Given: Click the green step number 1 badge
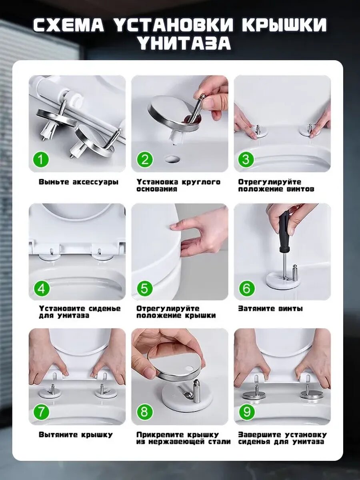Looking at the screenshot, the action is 41,160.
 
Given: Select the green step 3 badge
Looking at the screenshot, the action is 246,160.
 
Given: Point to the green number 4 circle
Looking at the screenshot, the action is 41,288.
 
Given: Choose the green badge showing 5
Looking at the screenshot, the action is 144,288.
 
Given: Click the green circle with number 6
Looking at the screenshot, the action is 246,288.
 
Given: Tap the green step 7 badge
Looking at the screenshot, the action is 41,412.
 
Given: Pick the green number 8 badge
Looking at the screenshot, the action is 144,412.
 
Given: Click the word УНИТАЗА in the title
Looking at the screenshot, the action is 180,44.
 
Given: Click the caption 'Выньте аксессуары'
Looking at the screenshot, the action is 78,182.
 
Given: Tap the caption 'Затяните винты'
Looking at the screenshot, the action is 270,308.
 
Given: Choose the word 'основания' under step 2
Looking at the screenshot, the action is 157,189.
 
